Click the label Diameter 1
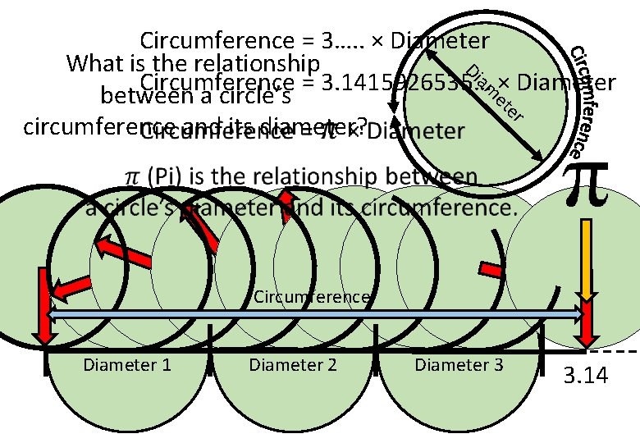coord(127,364)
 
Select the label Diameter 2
coord(293,364)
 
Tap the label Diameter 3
coord(459,364)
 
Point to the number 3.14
coord(585,377)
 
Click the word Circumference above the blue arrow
coord(311,296)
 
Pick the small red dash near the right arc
coord(491,268)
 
